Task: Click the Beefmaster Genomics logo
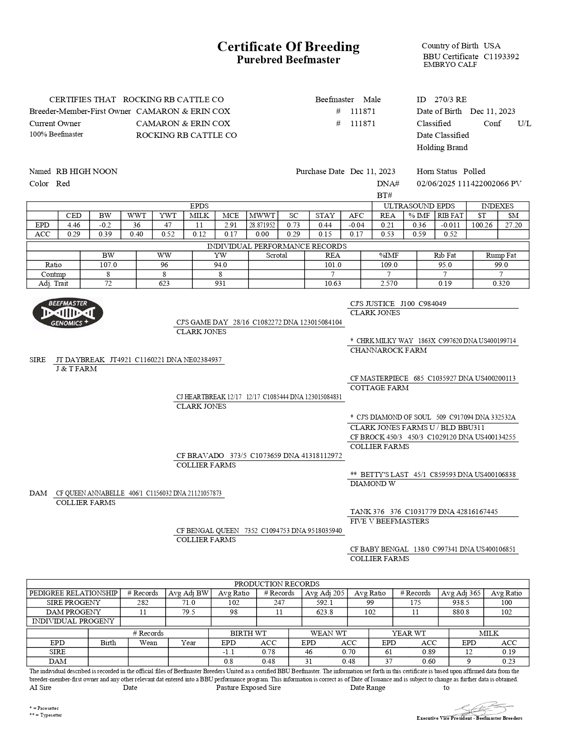68,313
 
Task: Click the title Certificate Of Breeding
288,47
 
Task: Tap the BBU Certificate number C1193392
501,57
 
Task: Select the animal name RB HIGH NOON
86,171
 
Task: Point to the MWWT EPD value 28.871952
262,225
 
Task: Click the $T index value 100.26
482,225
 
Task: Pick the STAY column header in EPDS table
325,216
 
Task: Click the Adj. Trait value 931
220,283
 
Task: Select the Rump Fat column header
501,255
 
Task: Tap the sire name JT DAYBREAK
81,360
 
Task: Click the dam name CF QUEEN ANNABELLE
90,493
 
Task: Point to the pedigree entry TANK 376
367,512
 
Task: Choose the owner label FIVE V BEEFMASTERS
389,521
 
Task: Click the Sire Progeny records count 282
143,603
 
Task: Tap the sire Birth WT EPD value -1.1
228,652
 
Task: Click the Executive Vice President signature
480,708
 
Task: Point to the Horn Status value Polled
474,171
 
